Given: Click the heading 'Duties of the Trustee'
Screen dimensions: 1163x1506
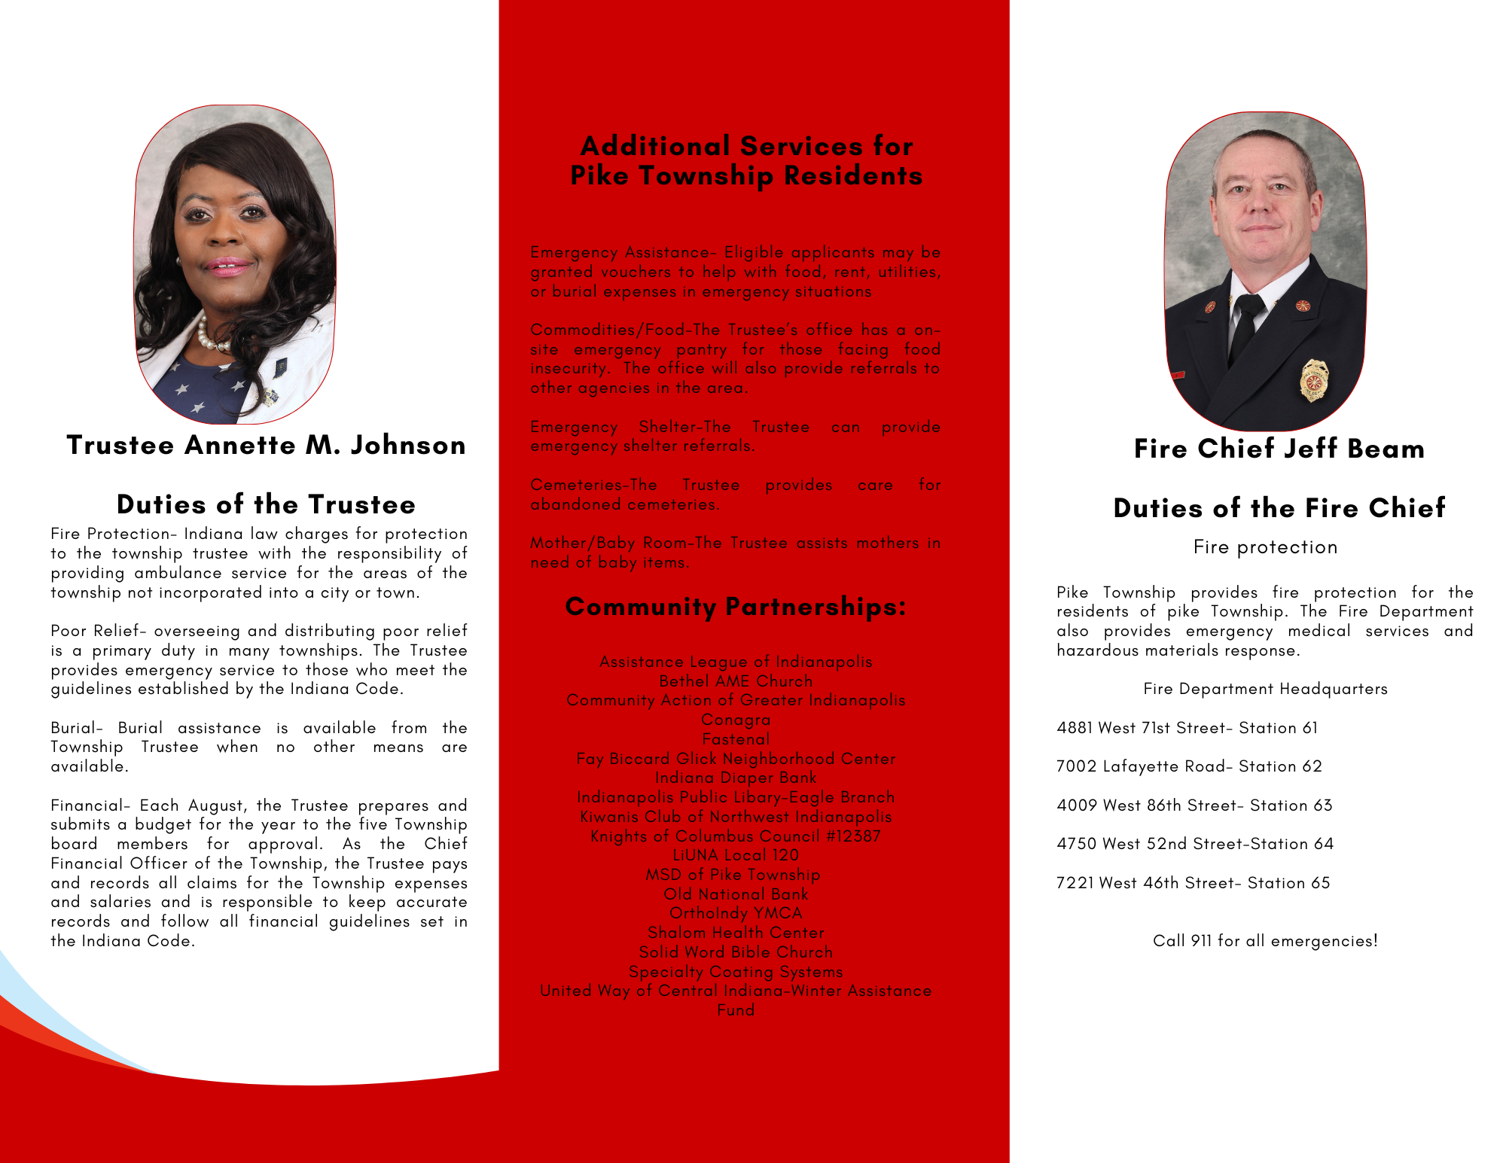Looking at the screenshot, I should pyautogui.click(x=266, y=504).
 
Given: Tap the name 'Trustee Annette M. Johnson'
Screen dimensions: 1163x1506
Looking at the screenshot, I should pyautogui.click(x=266, y=445).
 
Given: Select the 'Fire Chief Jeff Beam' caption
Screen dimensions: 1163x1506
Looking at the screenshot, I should pyautogui.click(x=1279, y=449).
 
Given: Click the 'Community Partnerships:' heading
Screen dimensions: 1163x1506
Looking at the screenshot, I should pyautogui.click(x=736, y=607).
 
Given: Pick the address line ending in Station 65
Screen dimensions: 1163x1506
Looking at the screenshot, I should pyautogui.click(x=1193, y=883).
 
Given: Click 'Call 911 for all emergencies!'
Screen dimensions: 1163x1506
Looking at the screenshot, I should pyautogui.click(x=1265, y=941).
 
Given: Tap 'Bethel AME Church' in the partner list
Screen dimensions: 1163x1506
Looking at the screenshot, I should pyautogui.click(x=736, y=681).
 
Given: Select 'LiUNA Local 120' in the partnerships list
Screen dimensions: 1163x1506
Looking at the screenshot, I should pyautogui.click(x=736, y=855).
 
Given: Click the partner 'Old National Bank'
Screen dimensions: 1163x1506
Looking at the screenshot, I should pyautogui.click(x=736, y=894).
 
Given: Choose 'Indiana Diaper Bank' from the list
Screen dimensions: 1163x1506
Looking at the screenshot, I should pyautogui.click(x=736, y=778).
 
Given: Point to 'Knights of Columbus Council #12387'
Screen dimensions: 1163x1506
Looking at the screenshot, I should pyautogui.click(x=736, y=836).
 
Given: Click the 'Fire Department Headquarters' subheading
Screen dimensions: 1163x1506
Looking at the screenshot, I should pyautogui.click(x=1265, y=689).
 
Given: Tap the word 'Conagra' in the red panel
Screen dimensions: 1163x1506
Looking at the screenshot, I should pyautogui.click(x=736, y=720).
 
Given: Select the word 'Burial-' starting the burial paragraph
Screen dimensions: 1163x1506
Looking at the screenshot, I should pyautogui.click(x=77, y=728).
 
